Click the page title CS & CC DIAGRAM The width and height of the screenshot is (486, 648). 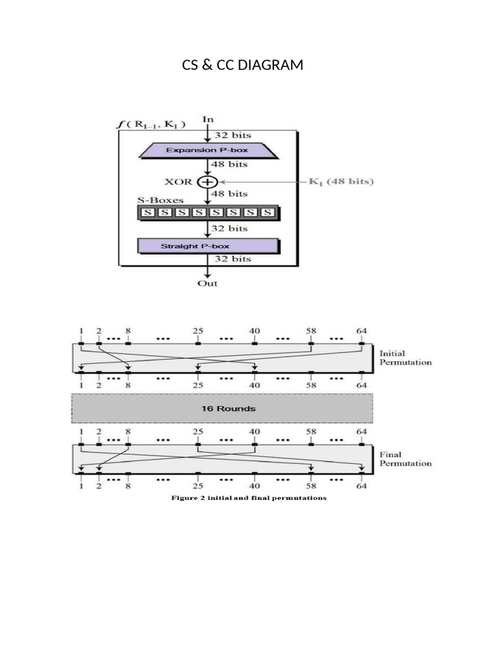(x=242, y=65)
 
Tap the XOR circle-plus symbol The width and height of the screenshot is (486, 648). (x=207, y=182)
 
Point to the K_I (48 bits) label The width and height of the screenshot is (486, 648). (x=341, y=182)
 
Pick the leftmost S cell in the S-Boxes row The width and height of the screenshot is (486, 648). (x=147, y=213)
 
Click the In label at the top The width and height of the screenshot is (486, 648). (x=208, y=119)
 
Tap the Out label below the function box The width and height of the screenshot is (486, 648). (x=207, y=283)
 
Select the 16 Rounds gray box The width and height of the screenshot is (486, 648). (x=221, y=408)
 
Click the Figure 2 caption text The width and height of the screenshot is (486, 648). (x=249, y=498)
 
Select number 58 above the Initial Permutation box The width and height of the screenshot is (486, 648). (x=311, y=330)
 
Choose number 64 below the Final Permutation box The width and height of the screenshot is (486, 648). (x=361, y=487)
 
